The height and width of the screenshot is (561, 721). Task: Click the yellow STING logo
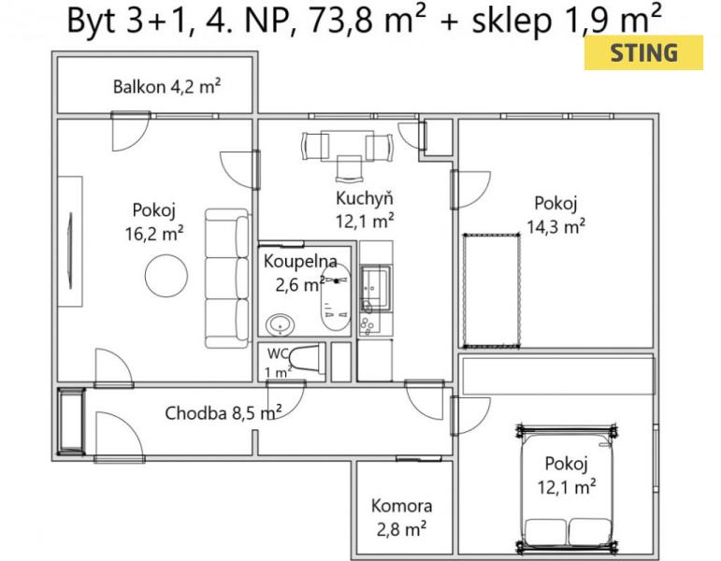(x=643, y=53)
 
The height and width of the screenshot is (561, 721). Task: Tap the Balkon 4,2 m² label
(x=166, y=86)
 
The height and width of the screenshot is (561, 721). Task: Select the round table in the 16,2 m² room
(x=166, y=276)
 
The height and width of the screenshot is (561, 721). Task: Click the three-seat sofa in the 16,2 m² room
(x=227, y=279)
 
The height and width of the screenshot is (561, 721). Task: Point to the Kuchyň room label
(x=365, y=198)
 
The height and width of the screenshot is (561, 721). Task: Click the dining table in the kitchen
(x=347, y=146)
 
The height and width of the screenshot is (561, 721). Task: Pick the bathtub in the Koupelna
(x=336, y=297)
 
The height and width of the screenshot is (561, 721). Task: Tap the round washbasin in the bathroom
(x=280, y=324)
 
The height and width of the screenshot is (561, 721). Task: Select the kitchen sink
(x=375, y=283)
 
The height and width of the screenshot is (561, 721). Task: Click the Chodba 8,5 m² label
(x=224, y=413)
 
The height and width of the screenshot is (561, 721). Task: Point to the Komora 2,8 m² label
(x=401, y=517)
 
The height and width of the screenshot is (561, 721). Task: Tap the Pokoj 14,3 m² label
(x=555, y=215)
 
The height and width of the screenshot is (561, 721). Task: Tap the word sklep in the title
(x=512, y=21)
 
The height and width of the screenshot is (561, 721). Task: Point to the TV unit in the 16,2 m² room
(x=70, y=241)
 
